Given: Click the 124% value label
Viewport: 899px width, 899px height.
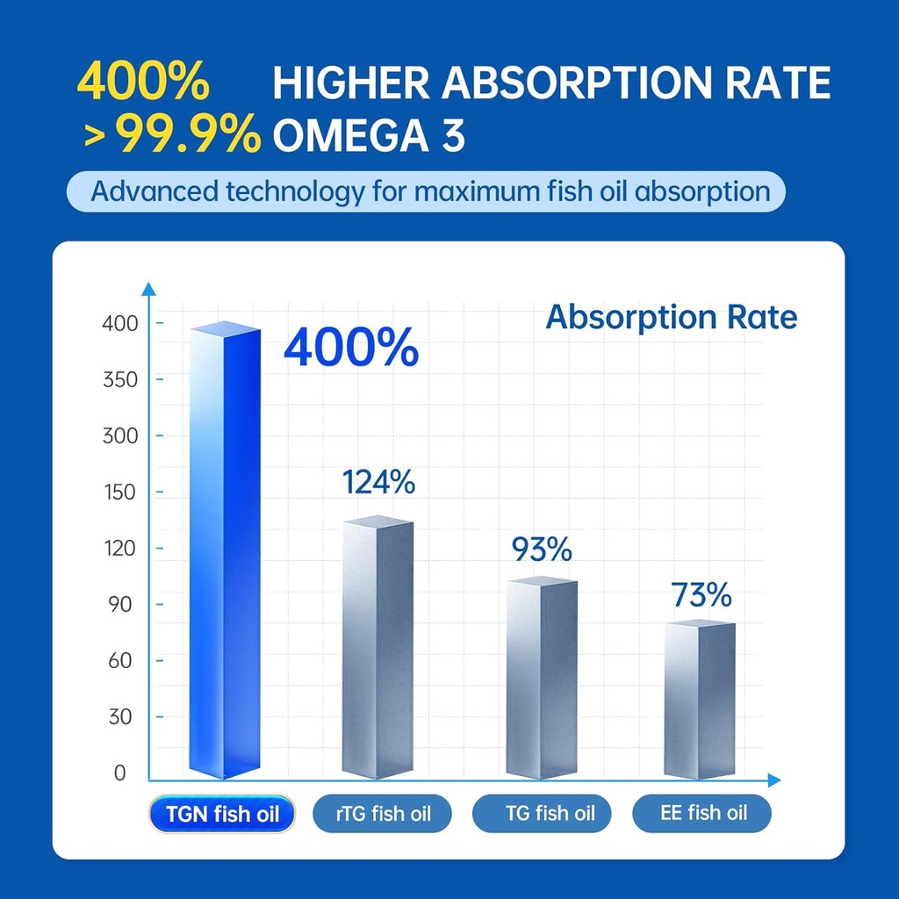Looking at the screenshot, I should coord(378,482).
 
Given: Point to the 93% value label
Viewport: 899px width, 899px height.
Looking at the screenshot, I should coord(542,550).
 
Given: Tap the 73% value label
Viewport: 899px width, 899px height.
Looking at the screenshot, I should coord(701,594).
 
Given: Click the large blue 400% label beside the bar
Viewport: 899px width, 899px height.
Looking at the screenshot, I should coord(351,349).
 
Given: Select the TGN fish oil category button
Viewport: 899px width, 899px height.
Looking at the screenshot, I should coord(221,814).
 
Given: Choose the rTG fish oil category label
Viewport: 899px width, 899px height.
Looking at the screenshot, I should coord(383,814).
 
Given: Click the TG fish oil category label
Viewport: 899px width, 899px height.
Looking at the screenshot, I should coord(542,814).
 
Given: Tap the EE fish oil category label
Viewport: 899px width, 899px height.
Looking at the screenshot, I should coord(702,814).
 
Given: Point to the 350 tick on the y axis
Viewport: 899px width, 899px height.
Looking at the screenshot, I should coord(120,379).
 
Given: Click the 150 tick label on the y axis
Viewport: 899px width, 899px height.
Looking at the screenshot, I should coord(120,492).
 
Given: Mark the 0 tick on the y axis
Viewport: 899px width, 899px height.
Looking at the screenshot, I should coord(120,773).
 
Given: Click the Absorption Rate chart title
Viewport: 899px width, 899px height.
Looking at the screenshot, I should coord(671,317).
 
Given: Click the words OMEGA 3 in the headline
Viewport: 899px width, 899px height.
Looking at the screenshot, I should coord(369,135).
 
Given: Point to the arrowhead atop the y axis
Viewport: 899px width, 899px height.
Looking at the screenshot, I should coord(149,289).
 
